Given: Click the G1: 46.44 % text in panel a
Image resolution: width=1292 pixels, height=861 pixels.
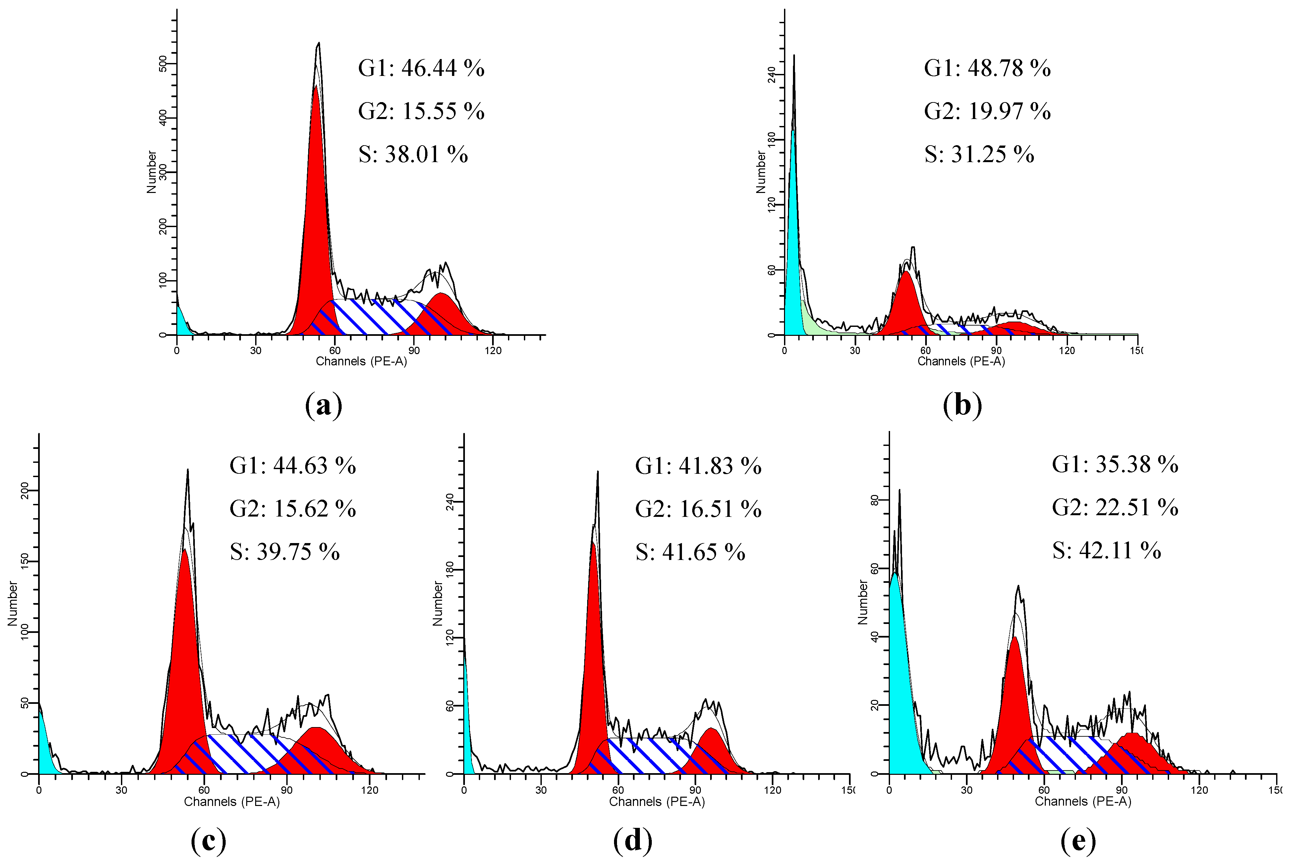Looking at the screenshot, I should click(421, 68).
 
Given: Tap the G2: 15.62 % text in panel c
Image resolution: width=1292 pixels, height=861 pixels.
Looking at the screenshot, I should click(293, 509).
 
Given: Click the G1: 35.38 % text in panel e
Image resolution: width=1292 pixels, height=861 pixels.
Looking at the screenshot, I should click(1115, 464).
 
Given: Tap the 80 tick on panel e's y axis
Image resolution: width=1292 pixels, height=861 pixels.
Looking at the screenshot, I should click(875, 500).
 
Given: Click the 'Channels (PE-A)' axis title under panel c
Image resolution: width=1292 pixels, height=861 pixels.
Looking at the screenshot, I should click(232, 802).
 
